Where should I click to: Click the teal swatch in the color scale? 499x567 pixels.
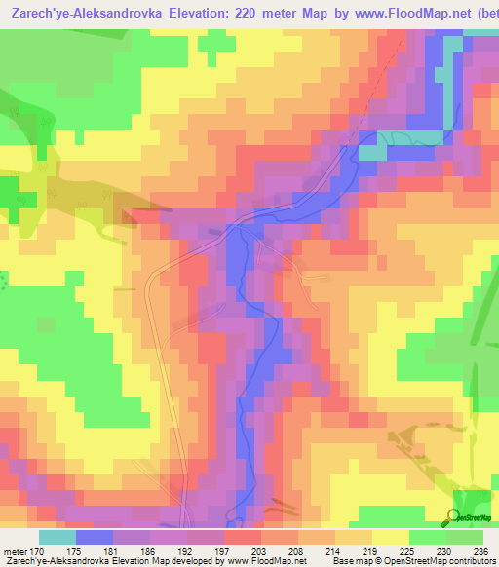[x=58, y=537]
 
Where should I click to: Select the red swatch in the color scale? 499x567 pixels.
[x=243, y=537]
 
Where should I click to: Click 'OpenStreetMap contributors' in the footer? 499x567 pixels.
[x=439, y=560]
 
